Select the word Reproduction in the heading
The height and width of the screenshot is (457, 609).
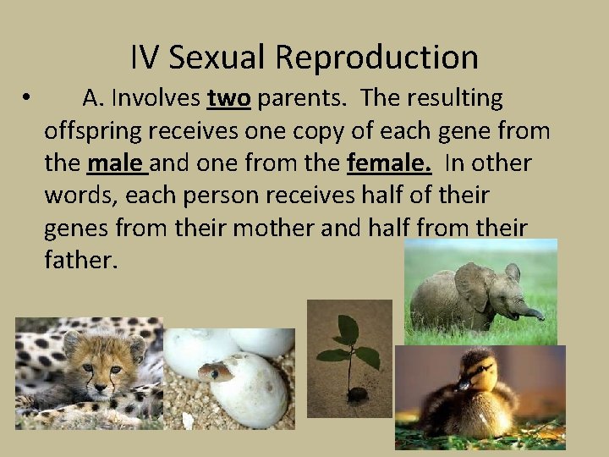(377, 58)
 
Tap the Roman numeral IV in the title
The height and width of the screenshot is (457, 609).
(145, 58)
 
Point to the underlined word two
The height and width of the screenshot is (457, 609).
(228, 99)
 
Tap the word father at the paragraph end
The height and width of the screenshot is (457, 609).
(80, 259)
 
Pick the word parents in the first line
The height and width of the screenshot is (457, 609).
(302, 99)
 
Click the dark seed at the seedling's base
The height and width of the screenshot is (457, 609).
(358, 394)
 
